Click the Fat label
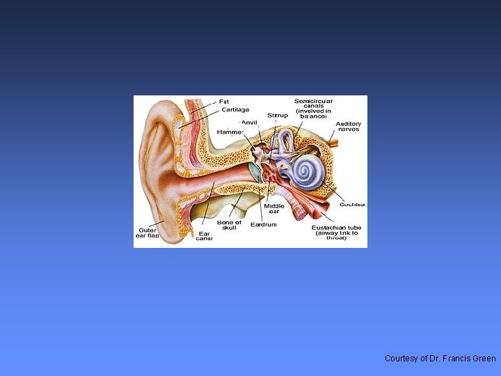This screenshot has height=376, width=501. click(x=225, y=102)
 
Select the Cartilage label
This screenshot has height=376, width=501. click(x=235, y=110)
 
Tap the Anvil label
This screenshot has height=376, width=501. click(x=248, y=123)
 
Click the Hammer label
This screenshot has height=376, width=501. click(x=230, y=132)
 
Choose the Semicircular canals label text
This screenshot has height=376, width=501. click(x=312, y=109)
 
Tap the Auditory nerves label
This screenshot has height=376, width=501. click(x=349, y=127)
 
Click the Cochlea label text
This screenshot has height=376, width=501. click(x=352, y=205)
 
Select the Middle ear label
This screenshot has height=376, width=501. click(x=273, y=209)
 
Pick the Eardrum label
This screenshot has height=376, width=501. click(x=264, y=224)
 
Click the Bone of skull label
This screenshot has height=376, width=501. click(x=229, y=226)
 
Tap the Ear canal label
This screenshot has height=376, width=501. click(x=205, y=236)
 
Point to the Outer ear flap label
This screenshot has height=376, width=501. click(x=147, y=233)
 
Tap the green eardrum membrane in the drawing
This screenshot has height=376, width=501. click(x=255, y=173)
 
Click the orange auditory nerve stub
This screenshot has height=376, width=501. click(x=333, y=143)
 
